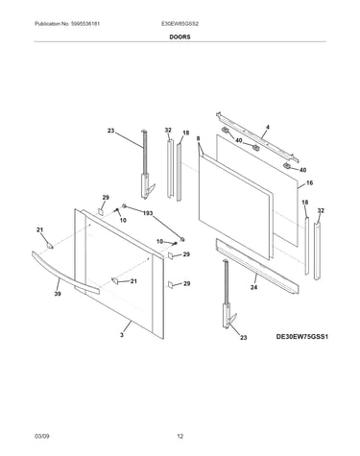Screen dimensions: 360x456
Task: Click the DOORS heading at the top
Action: [x=180, y=37]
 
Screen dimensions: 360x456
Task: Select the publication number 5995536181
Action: [x=84, y=24]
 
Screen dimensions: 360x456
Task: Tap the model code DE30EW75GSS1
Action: [x=302, y=337]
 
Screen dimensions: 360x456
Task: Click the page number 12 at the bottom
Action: [x=180, y=436]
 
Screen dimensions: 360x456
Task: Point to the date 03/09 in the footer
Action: [x=41, y=436]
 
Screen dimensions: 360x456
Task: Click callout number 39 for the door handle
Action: [x=58, y=294]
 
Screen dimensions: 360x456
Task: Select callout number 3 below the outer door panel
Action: [x=122, y=335]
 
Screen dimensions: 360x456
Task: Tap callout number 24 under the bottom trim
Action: [x=253, y=287]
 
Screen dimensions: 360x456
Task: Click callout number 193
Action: [x=148, y=213]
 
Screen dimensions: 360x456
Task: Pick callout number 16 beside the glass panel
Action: [x=309, y=183]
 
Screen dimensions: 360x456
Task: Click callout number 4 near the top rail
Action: [x=268, y=128]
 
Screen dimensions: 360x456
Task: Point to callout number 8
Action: [x=199, y=138]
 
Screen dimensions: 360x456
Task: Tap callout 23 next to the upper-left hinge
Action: [x=110, y=131]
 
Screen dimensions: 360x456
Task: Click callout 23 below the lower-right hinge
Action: [x=244, y=337]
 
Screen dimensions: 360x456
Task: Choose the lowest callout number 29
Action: [x=186, y=283]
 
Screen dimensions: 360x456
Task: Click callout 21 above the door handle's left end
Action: [x=39, y=229]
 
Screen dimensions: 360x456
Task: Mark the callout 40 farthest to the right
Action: [x=302, y=170]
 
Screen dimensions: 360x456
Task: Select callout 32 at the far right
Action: [x=321, y=210]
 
